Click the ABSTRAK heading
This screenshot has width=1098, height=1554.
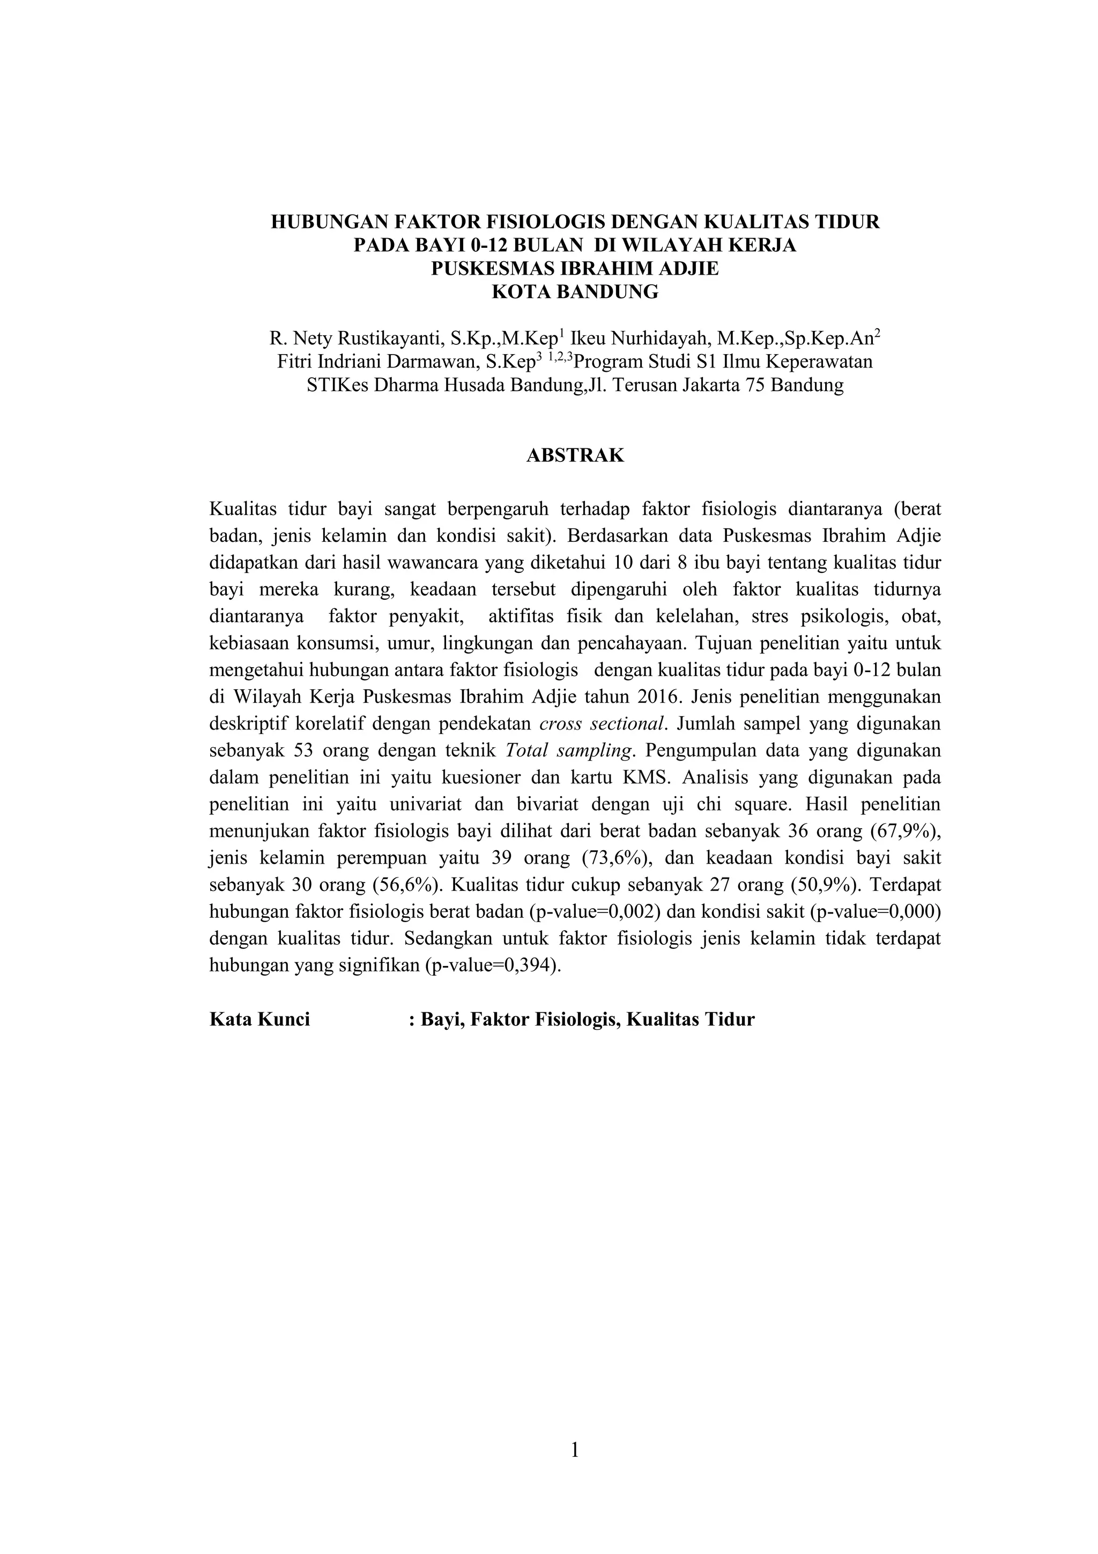click(x=575, y=455)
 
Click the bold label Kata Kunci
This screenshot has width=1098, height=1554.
click(x=260, y=1020)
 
